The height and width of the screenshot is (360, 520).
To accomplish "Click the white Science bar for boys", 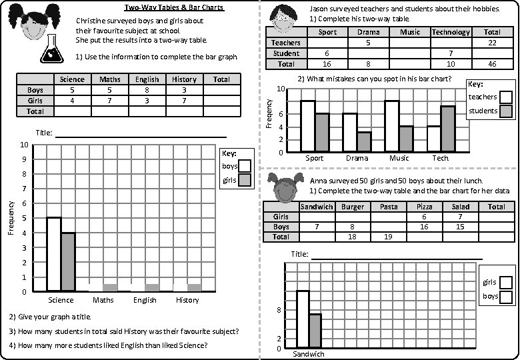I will [54, 254].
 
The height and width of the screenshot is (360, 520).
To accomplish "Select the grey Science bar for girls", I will [68, 261].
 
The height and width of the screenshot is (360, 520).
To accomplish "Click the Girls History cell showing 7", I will [184, 101].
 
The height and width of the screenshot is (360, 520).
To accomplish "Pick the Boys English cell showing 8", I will [147, 90].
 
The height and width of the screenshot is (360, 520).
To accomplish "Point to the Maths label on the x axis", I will [103, 300].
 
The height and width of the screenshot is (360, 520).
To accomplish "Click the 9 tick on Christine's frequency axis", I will [25, 159].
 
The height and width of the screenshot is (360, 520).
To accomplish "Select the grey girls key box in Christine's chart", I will [245, 180].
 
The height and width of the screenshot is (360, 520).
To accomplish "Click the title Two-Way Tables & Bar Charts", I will [174, 8].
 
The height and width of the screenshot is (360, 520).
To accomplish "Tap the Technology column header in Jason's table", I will [451, 32].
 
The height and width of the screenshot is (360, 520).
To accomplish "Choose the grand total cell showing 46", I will [492, 64].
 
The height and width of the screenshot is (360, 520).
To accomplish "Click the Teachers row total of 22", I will [492, 43].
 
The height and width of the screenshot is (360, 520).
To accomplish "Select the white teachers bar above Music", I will [391, 126].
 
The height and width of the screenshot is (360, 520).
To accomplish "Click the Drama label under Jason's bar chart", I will [357, 159].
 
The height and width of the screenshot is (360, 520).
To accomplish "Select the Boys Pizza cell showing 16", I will [424, 227].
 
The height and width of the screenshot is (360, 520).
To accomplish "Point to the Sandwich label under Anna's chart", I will [308, 354].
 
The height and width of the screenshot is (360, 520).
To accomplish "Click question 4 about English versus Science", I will [108, 345].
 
